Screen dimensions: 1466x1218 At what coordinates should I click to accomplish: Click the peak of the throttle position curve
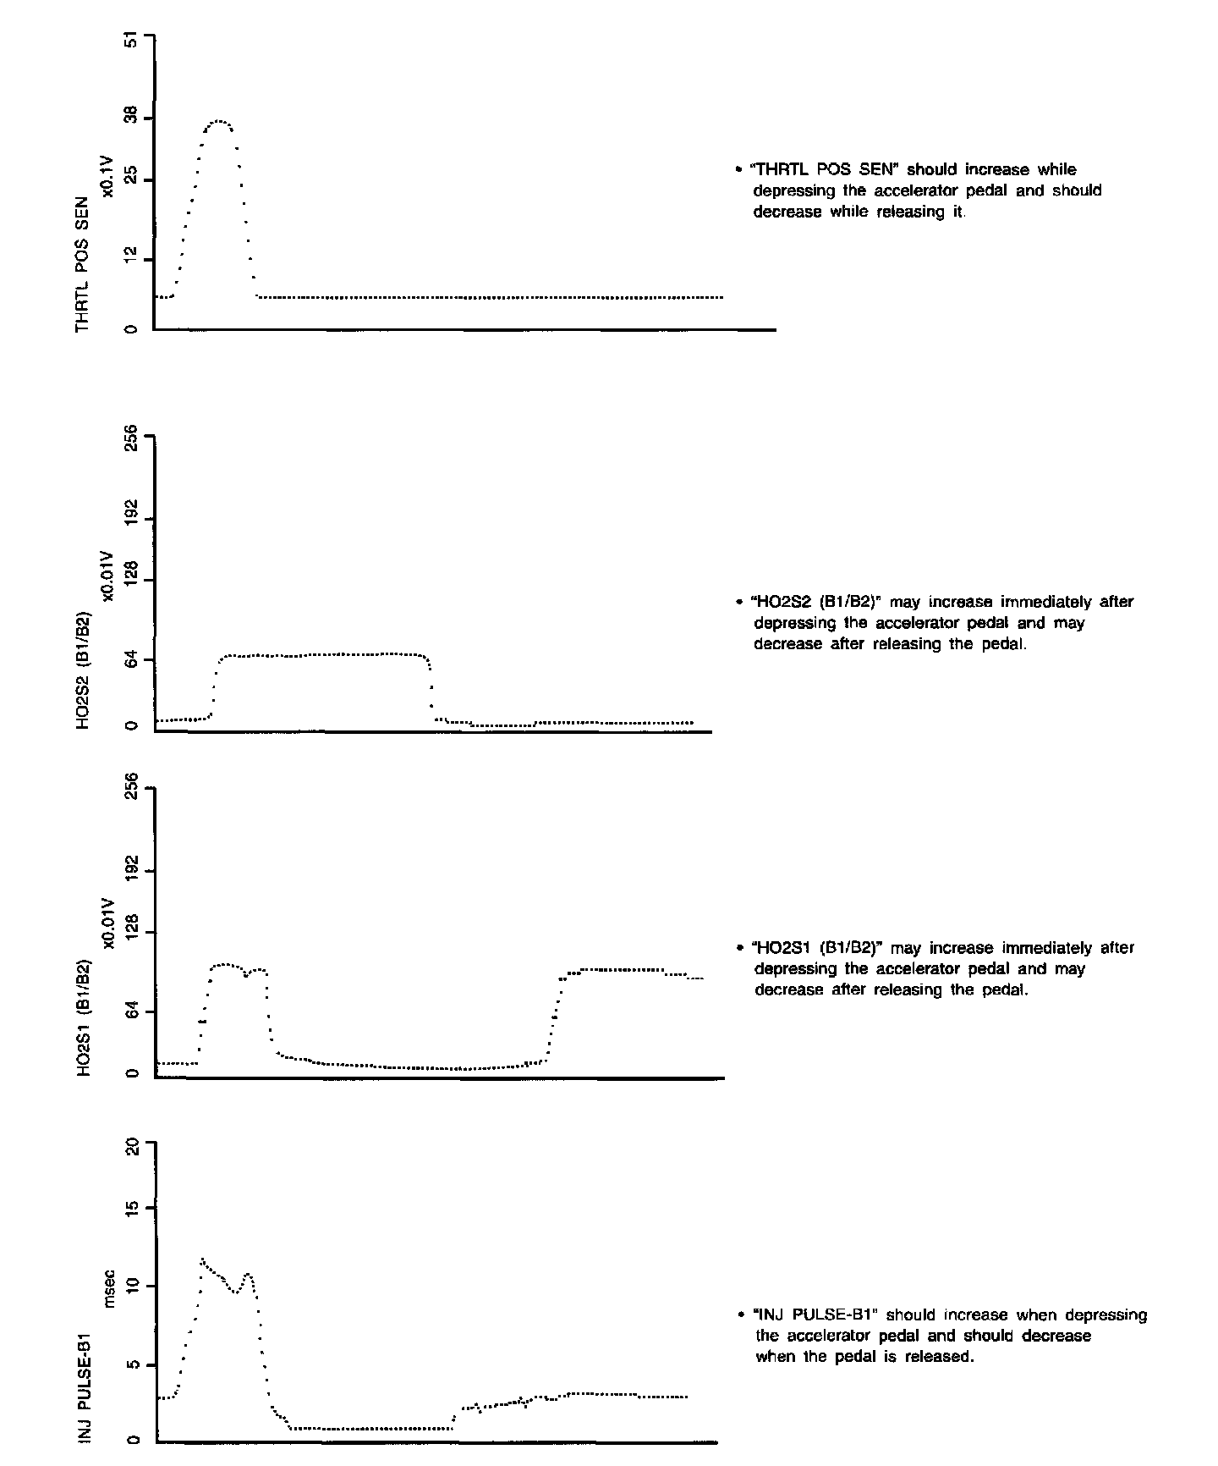click(219, 122)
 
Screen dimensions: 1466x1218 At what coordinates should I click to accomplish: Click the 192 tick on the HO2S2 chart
click(130, 518)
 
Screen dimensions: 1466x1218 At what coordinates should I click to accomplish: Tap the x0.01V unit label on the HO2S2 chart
click(107, 576)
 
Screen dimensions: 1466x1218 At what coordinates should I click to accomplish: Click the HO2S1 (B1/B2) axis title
click(82, 1017)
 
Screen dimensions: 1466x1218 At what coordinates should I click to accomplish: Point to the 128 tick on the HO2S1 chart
click(130, 933)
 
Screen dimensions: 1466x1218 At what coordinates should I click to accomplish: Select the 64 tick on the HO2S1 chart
click(130, 1011)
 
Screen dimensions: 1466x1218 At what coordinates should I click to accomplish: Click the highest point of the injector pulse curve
click(202, 1259)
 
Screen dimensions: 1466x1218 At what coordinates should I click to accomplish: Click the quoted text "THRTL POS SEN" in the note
click(816, 170)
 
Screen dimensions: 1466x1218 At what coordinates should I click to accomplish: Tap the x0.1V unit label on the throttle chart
click(107, 176)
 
